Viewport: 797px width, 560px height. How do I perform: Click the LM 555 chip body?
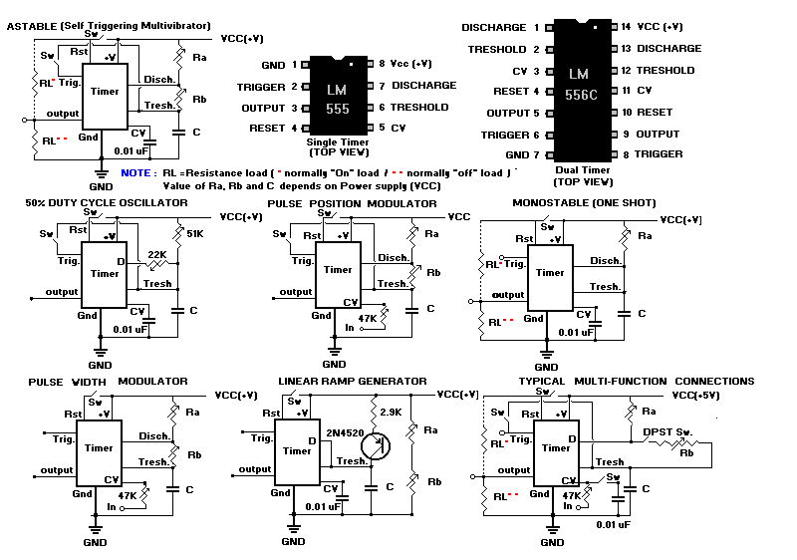tap(337, 97)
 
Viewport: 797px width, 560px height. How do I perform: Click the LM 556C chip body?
tap(579, 91)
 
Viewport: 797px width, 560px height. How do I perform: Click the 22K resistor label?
tap(156, 254)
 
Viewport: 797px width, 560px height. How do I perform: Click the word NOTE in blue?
tap(135, 172)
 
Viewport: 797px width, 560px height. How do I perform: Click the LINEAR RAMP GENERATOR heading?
tap(352, 381)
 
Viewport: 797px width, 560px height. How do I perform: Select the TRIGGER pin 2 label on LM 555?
tap(261, 87)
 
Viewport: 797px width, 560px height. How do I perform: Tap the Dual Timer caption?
tap(583, 170)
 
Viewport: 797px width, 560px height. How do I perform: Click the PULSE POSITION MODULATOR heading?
tap(352, 203)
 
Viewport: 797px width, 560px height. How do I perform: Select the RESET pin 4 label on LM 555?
tap(270, 129)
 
